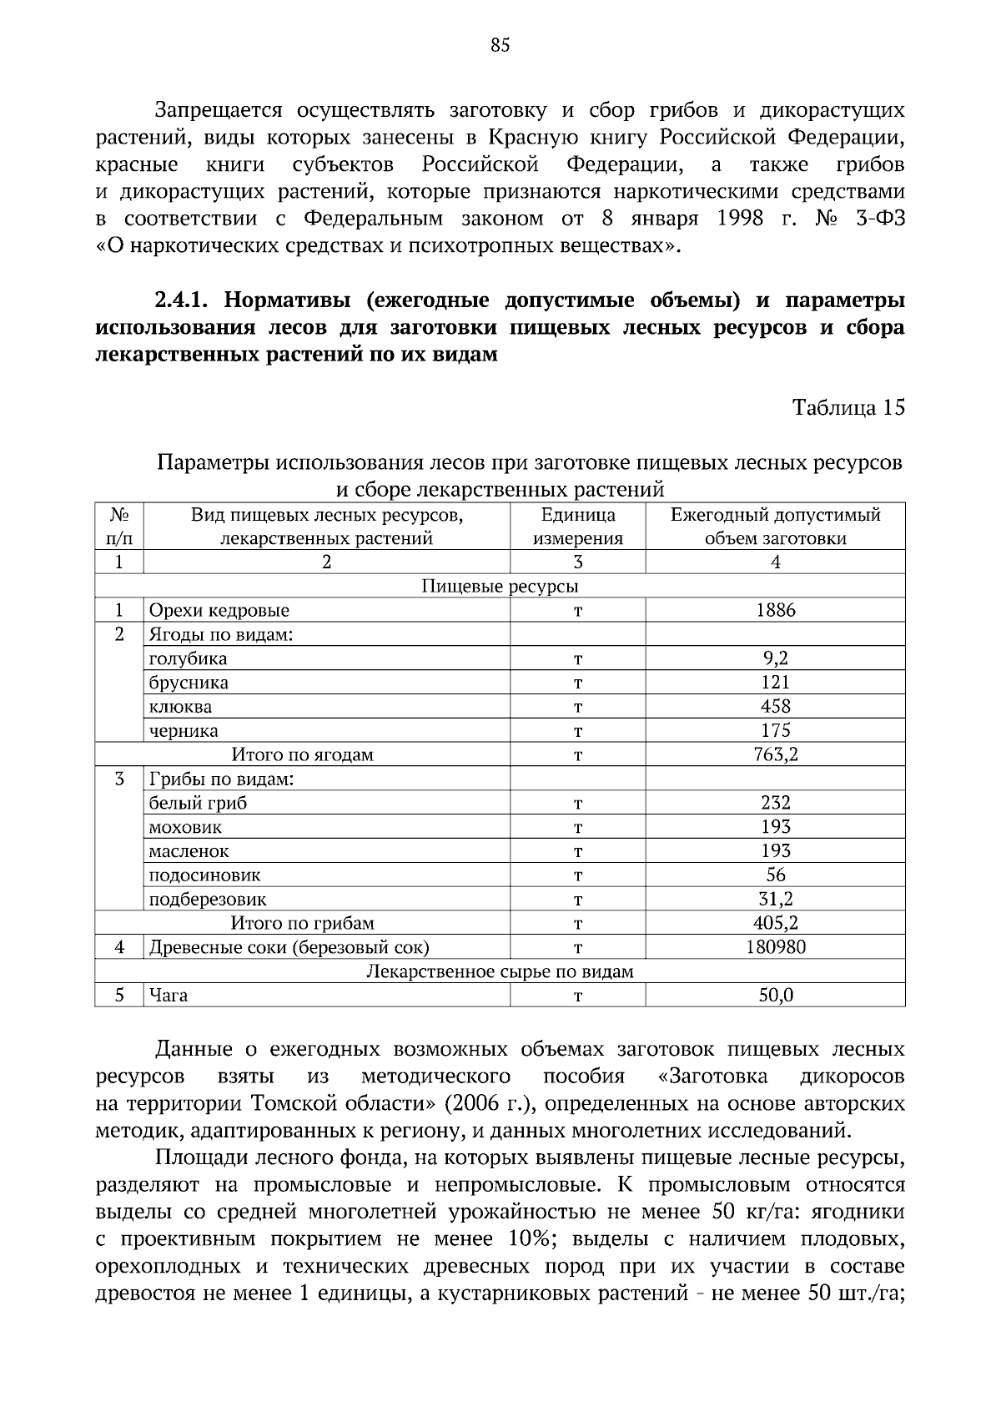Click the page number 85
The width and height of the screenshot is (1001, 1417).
click(500, 46)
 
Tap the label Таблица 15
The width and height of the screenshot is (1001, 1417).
click(848, 407)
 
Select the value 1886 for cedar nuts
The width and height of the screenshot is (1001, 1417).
click(775, 610)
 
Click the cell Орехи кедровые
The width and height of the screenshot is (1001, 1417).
click(219, 610)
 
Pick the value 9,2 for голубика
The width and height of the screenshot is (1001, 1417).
click(775, 658)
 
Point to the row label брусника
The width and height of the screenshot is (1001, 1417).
click(189, 683)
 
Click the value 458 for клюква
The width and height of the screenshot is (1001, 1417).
click(775, 707)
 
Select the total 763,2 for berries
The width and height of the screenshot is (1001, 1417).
click(775, 755)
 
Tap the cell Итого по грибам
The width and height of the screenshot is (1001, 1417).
click(302, 924)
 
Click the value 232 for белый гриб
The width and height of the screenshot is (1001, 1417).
click(775, 803)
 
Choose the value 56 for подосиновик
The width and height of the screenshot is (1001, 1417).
click(775, 875)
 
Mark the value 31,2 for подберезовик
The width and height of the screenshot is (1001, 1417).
click(775, 900)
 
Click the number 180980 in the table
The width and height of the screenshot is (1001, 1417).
click(775, 947)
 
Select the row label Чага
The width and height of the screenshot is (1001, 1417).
click(169, 996)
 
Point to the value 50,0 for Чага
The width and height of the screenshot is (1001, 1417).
click(775, 996)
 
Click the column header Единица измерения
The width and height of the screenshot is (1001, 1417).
click(577, 527)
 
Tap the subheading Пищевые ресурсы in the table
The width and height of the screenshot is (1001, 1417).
click(500, 586)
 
